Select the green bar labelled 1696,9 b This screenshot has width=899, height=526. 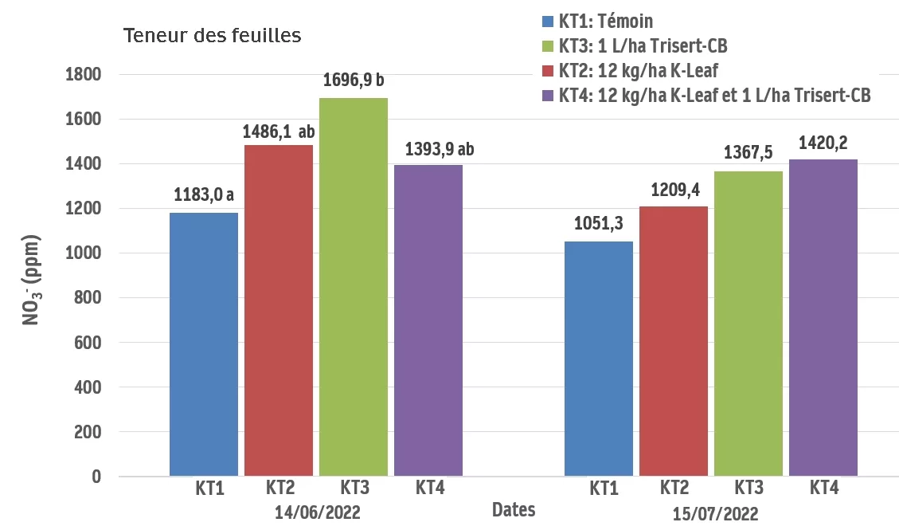point(354,287)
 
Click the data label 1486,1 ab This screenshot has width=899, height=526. point(279,129)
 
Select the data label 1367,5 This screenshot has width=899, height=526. point(749,152)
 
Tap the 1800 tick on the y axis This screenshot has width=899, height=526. point(83,75)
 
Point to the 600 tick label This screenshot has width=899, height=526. point(87,343)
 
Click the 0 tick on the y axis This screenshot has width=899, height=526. point(96,477)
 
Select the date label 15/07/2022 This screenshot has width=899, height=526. point(710,513)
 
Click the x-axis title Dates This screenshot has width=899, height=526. point(514,509)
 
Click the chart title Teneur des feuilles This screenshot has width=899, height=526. point(211,36)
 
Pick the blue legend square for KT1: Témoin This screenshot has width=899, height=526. point(547,22)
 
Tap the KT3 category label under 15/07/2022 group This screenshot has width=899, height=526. point(748,487)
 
